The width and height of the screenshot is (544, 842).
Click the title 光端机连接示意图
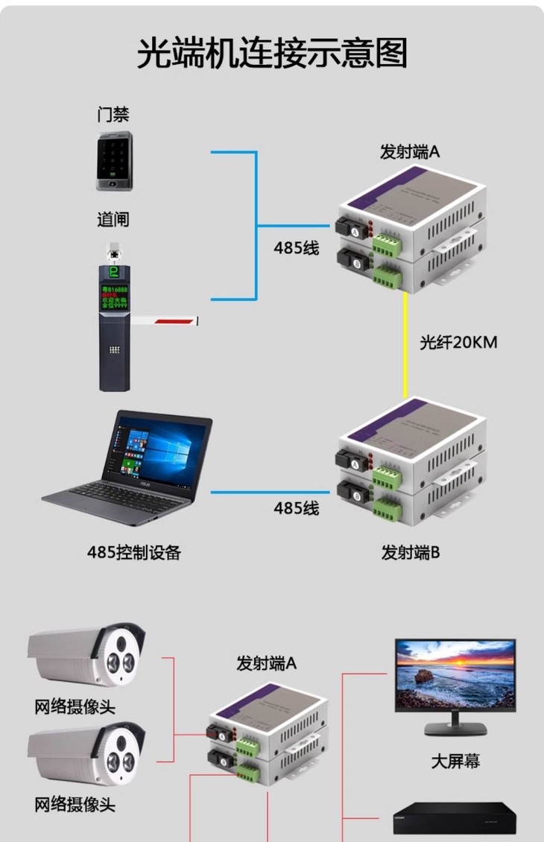(272, 54)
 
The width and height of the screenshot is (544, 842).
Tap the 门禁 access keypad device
(114, 162)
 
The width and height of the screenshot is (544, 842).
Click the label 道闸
(113, 220)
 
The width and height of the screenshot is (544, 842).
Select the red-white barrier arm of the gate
(168, 321)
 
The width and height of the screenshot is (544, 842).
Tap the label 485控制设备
(134, 552)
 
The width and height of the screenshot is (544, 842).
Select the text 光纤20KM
(458, 343)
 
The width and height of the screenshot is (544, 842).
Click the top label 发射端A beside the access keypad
(410, 152)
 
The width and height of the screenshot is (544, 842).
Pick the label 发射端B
(411, 553)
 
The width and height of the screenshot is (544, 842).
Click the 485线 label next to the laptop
(296, 509)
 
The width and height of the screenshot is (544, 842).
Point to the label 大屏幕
(455, 761)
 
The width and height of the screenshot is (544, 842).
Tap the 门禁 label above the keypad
(113, 115)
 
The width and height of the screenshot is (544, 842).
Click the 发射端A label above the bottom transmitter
(267, 662)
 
